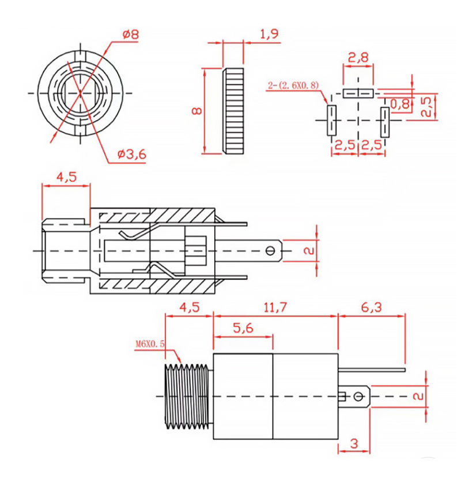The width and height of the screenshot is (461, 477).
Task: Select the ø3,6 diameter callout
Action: (131, 154)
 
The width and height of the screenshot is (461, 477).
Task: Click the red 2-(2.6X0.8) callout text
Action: (293, 86)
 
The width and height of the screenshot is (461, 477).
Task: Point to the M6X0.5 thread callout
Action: (150, 345)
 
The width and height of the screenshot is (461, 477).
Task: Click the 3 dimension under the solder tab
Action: (354, 444)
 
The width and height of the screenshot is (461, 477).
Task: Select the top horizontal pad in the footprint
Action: (358, 93)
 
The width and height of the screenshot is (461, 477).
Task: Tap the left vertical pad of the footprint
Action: (331, 120)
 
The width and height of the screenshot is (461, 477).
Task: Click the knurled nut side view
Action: (234, 111)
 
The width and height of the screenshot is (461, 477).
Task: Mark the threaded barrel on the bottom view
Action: (188, 397)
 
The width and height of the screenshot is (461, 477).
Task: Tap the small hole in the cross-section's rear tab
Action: (270, 251)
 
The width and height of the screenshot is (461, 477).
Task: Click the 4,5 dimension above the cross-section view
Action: (67, 178)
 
